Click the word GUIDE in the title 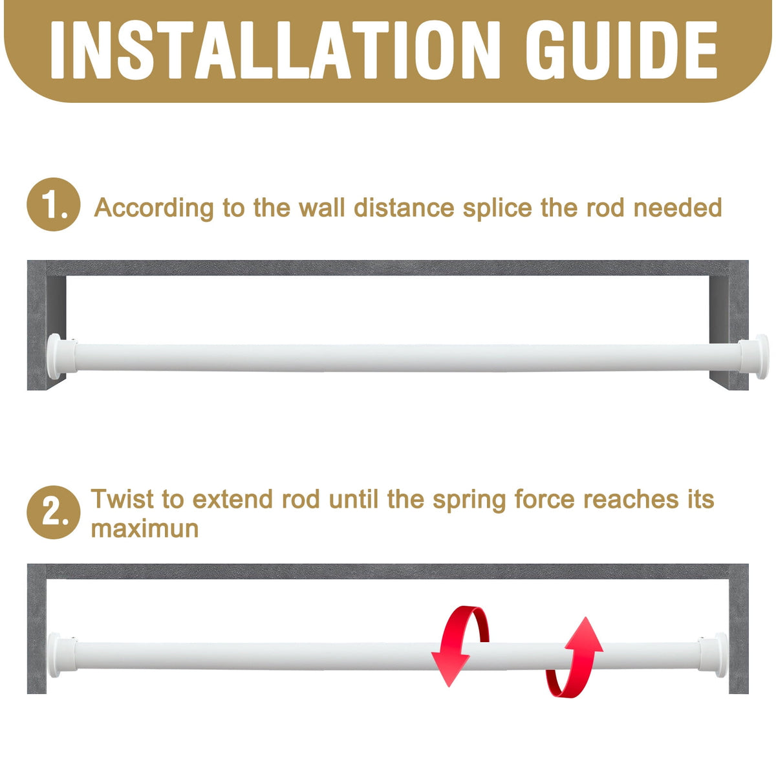pyautogui.click(x=621, y=50)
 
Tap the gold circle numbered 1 pyautogui.click(x=54, y=204)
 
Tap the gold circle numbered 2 pyautogui.click(x=54, y=512)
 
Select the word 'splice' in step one pyautogui.click(x=497, y=208)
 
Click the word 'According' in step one pyautogui.click(x=154, y=208)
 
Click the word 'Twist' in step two pyautogui.click(x=123, y=499)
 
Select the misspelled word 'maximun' pyautogui.click(x=145, y=529)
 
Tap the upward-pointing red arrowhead pyautogui.click(x=584, y=634)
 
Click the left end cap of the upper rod pyautogui.click(x=61, y=356)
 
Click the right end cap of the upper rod pyautogui.click(x=754, y=356)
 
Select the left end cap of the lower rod pyautogui.click(x=61, y=655)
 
